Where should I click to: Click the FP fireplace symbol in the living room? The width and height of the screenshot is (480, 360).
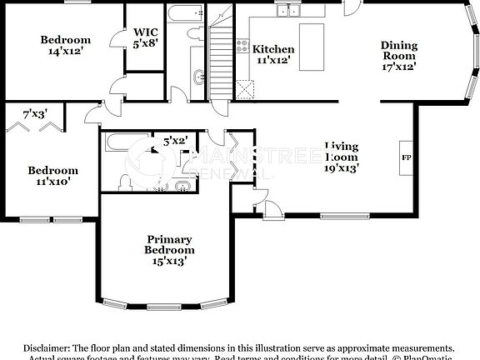[407, 157]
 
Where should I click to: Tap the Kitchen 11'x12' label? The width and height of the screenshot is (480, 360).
[273, 55]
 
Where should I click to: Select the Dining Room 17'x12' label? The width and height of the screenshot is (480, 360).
[399, 55]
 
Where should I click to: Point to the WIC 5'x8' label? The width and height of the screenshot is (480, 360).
[146, 38]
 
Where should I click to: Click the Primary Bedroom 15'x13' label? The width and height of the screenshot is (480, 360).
[169, 248]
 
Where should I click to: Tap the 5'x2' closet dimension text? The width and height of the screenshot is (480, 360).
[175, 142]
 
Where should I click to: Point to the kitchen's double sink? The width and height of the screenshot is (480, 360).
[290, 10]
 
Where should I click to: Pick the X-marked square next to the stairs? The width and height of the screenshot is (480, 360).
[244, 88]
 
